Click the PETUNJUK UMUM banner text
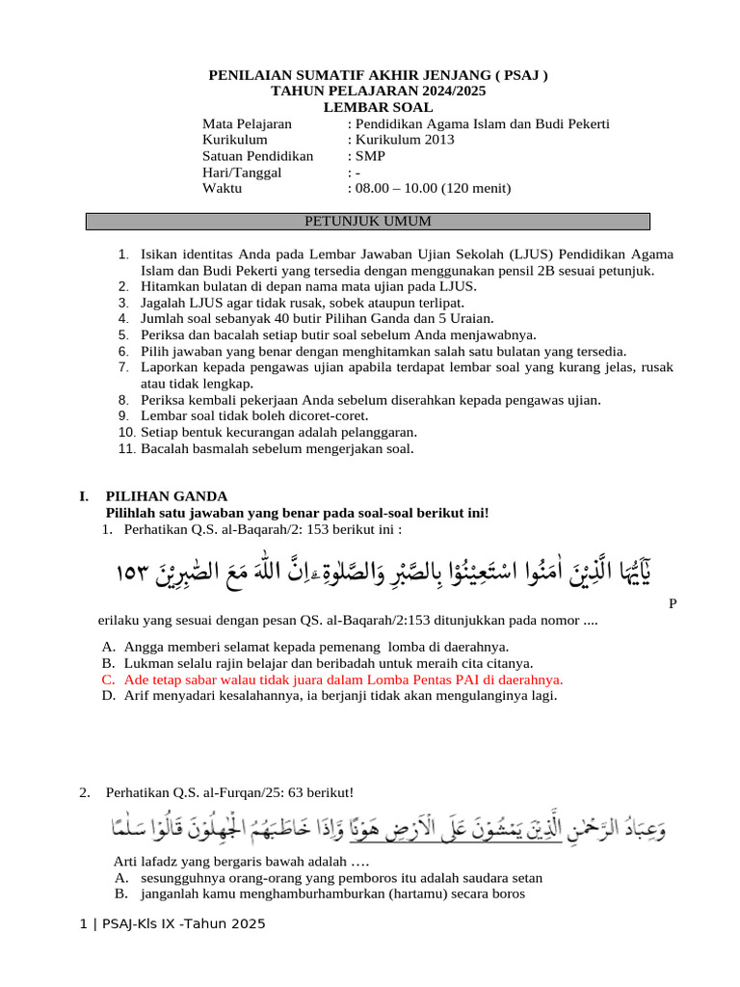point(368,222)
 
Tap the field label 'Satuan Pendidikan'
point(257,156)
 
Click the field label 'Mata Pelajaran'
point(247,123)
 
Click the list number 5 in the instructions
point(123,334)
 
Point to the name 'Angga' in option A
point(145,647)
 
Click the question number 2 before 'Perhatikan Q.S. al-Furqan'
point(85,793)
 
